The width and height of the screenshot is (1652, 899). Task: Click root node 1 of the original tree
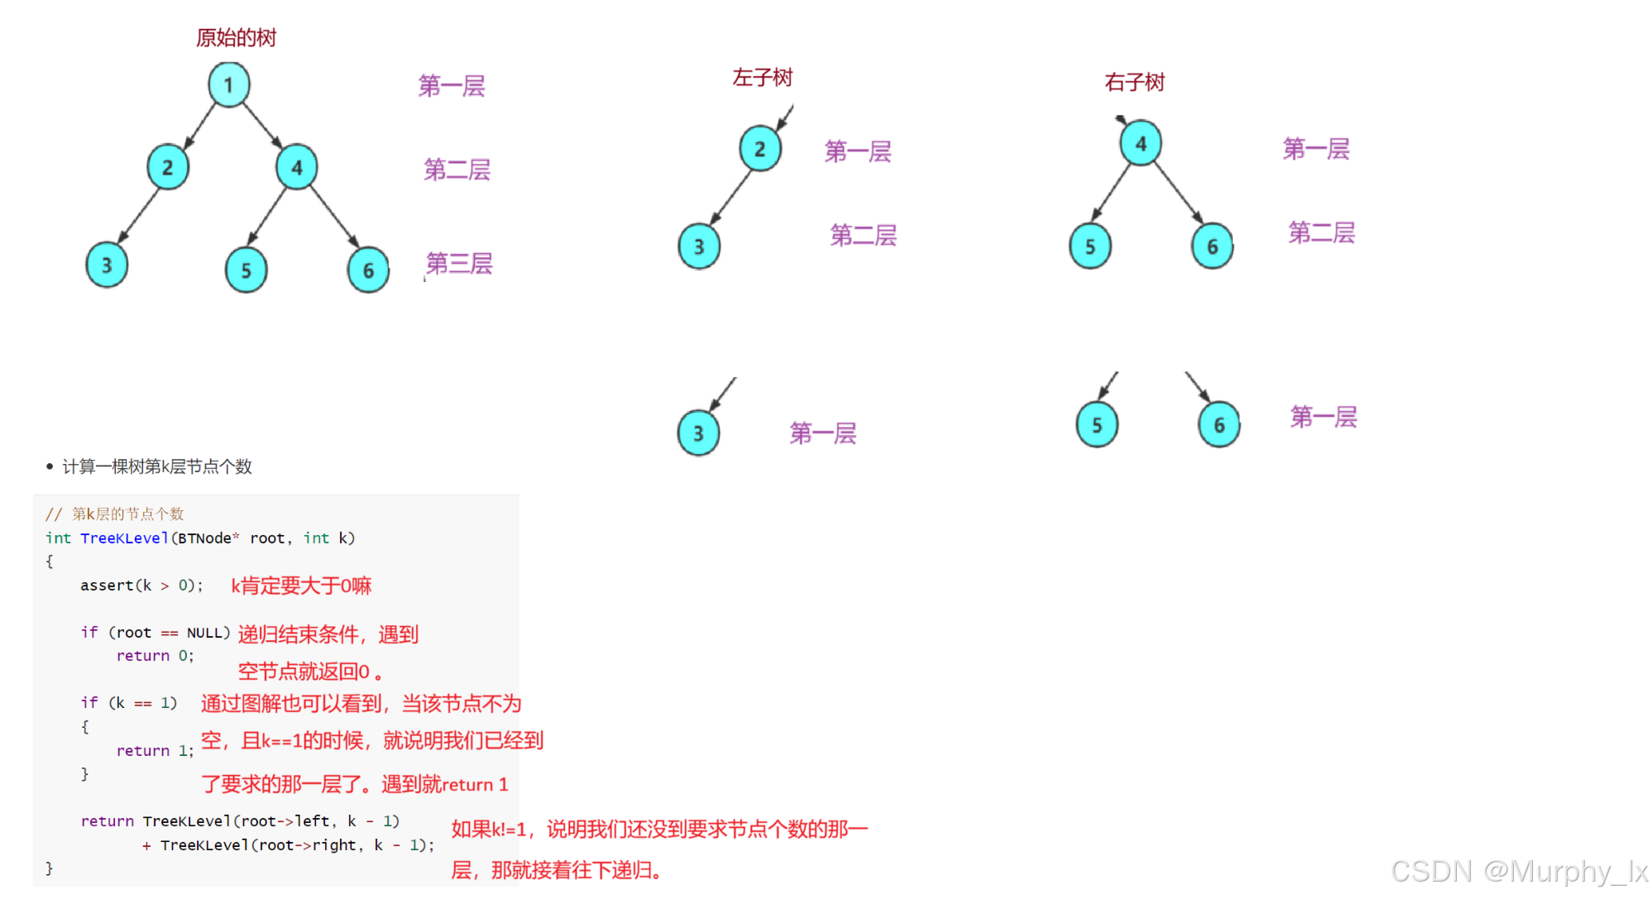[x=229, y=84]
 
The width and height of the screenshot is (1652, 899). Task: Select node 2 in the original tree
[x=168, y=167]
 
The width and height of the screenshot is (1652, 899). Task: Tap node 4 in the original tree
[x=297, y=167]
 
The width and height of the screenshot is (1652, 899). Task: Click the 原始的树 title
[x=236, y=38]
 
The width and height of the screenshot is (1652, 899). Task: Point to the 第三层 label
[x=459, y=264]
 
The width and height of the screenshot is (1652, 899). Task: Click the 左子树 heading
[x=762, y=78]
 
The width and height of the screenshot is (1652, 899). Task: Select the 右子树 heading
[x=1134, y=82]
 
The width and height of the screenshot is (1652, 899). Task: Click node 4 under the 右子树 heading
[x=1141, y=144]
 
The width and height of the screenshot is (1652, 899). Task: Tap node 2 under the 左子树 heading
[x=759, y=150]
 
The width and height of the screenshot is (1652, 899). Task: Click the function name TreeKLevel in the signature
[x=124, y=538]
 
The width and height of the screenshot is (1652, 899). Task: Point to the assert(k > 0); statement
[x=141, y=586]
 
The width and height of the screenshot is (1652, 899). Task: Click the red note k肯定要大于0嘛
[x=301, y=586]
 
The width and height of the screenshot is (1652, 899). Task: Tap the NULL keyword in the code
[x=206, y=633]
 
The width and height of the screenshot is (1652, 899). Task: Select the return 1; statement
[x=155, y=751]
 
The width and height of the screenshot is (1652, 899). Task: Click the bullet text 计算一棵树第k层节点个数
[x=156, y=466]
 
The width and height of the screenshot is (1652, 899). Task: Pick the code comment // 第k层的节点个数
[x=114, y=514]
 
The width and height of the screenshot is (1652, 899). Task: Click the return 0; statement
[x=155, y=656]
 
